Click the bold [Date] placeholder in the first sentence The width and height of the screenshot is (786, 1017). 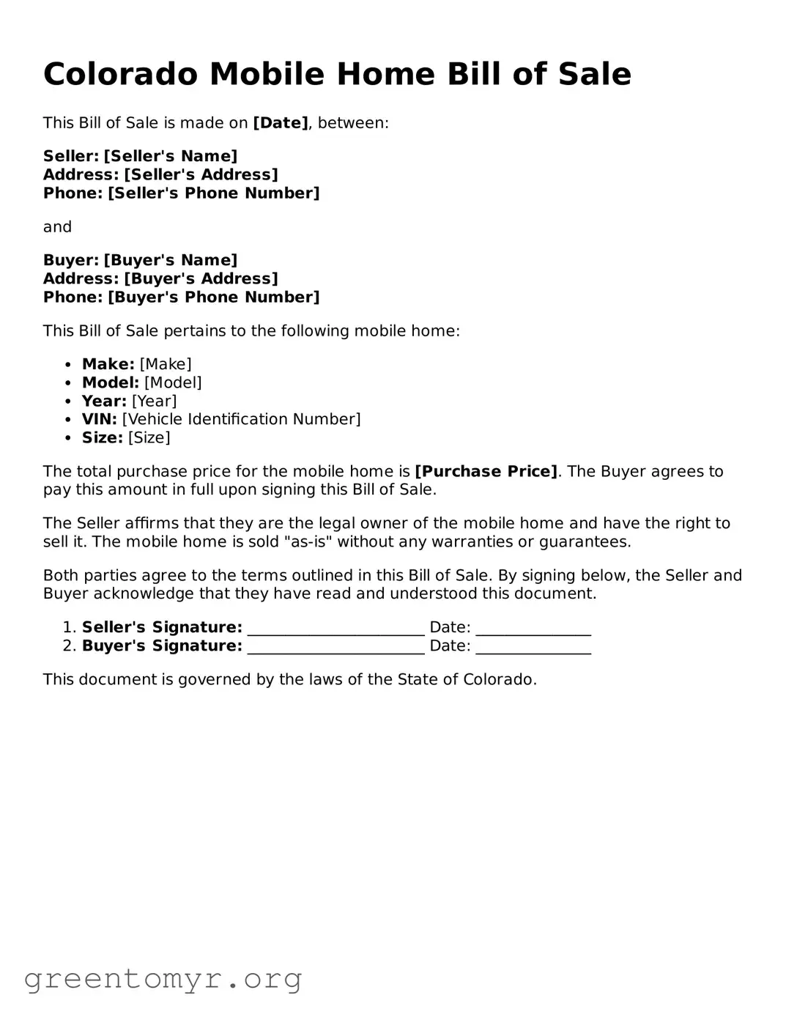pos(281,123)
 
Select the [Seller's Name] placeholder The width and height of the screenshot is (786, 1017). pos(171,156)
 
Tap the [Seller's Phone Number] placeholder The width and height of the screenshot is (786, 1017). pos(214,193)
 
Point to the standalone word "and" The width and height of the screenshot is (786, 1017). pos(57,227)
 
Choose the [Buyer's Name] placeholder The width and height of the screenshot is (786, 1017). pos(171,260)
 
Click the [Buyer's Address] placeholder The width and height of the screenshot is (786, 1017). pos(201,278)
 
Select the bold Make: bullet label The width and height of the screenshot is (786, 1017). pos(108,364)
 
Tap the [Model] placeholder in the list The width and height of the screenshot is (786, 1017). pos(173,382)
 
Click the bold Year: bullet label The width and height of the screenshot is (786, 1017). pos(104,401)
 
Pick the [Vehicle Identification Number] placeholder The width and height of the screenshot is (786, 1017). pos(241,419)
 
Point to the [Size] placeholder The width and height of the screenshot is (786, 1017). pos(149,437)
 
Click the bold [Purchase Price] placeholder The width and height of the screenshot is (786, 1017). pos(486,471)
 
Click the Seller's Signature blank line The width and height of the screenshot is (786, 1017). pos(336,629)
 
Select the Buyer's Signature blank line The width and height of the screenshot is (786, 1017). pos(336,647)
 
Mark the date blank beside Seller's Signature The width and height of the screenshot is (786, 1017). pos(533,629)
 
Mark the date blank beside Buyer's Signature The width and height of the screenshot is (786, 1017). pos(533,647)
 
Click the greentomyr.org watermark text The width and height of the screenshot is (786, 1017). pos(163,979)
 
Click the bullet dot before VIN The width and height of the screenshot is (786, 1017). pos(67,420)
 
